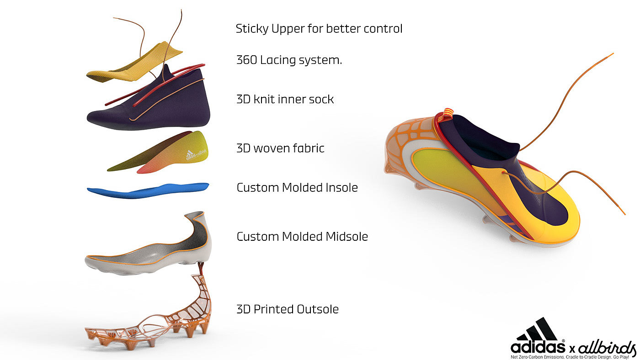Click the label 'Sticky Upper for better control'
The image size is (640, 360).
tap(319, 29)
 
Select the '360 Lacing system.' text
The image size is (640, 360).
tap(289, 60)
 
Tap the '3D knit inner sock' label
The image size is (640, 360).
tap(285, 99)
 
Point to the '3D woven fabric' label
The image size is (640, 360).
tap(280, 148)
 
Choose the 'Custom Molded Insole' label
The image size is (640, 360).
tap(297, 187)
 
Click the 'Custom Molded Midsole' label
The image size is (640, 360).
tap(302, 237)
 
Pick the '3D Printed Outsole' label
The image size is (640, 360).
tap(288, 309)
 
